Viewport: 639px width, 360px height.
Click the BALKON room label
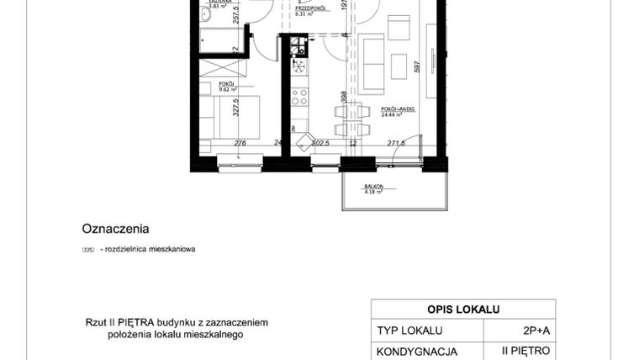[x=373, y=186]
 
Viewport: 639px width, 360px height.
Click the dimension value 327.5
[x=237, y=111]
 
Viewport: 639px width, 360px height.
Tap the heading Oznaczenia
[x=115, y=228]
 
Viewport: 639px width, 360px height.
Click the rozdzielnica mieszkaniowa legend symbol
[x=87, y=250]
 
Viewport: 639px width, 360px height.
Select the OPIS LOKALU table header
[x=463, y=309]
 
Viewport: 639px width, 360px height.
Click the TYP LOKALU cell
[x=409, y=331]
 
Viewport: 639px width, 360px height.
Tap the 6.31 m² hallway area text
[x=312, y=14]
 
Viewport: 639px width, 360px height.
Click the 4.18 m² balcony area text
[x=373, y=193]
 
